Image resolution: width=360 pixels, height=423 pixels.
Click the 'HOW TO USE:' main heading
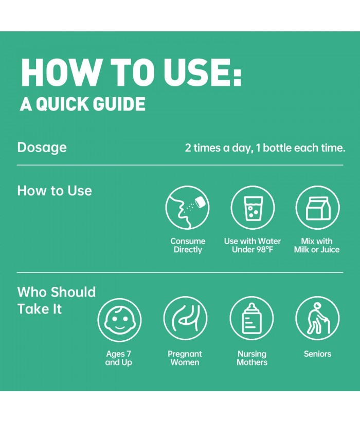(x=131, y=72)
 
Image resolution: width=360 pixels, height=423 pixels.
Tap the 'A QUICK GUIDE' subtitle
(x=83, y=104)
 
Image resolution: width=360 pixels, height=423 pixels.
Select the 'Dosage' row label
(x=42, y=148)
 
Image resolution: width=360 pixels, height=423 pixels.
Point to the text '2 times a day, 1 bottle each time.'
(x=265, y=148)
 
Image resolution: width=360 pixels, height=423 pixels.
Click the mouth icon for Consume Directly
(x=188, y=208)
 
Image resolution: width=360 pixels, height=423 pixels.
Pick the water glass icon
(x=253, y=208)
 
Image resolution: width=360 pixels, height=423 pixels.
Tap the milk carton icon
(x=318, y=208)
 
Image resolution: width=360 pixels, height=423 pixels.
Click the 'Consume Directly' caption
(x=188, y=245)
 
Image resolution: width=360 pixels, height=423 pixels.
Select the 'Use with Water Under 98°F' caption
(x=253, y=245)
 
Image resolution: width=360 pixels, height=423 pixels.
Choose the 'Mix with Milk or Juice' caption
(x=317, y=245)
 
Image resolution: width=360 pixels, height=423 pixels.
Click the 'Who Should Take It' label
(x=57, y=301)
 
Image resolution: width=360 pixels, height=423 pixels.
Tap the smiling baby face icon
(x=119, y=318)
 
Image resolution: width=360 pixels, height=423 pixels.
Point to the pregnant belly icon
(x=185, y=318)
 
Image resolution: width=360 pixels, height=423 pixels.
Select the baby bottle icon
(x=251, y=318)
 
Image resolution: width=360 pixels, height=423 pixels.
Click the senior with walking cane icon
(x=318, y=318)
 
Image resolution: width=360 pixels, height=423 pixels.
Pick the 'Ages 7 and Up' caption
(x=119, y=358)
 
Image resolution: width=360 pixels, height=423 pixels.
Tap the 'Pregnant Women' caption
(x=185, y=358)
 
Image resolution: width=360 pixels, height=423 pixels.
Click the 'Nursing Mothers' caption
(x=252, y=358)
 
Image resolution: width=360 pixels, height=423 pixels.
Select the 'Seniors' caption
(x=317, y=354)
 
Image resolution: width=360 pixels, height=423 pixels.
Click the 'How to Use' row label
(x=55, y=191)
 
